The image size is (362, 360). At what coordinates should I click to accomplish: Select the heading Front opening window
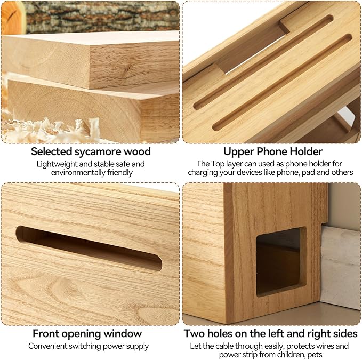tap(87, 333)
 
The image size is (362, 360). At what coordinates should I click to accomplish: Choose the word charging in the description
tap(205, 172)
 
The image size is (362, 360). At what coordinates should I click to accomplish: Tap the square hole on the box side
tap(281, 261)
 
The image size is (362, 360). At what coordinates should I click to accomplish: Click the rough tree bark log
tap(101, 16)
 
